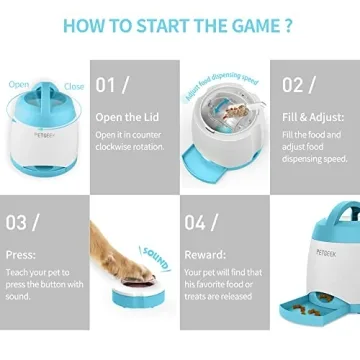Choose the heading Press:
click(22, 254)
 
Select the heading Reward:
click(206, 254)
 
